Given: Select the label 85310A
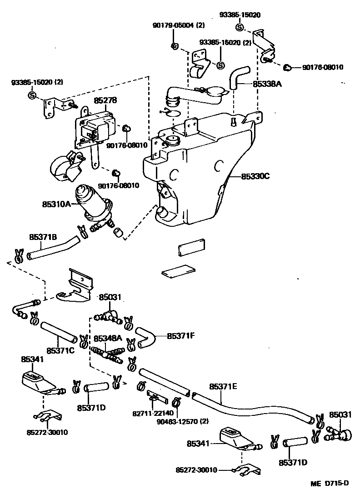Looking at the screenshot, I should tap(56, 205).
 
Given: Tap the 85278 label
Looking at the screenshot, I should tap(105, 101).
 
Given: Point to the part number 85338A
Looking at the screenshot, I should tap(268, 84).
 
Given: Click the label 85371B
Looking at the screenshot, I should tap(43, 237).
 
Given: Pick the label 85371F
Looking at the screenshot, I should tap(180, 336).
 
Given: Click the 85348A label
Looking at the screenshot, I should tap(108, 339).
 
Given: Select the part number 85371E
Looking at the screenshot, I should tap(223, 387).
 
